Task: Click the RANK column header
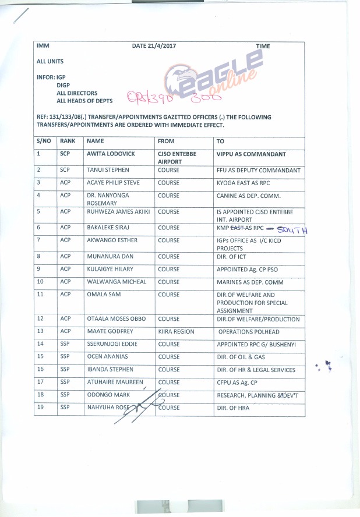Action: coord(68,141)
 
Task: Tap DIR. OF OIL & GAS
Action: coord(241,357)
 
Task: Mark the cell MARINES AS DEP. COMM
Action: coord(250,282)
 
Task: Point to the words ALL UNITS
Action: coord(50,61)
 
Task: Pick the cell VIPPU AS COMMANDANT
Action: coord(251,154)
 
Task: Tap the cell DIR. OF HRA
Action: coord(232,408)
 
